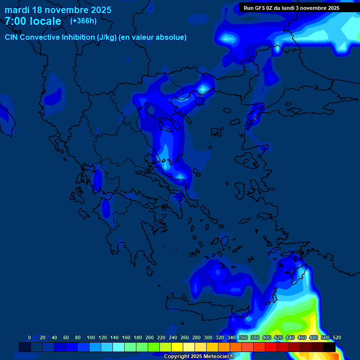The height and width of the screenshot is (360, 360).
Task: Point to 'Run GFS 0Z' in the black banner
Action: pos(260,8)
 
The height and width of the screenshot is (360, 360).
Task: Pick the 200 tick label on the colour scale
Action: pos(150,337)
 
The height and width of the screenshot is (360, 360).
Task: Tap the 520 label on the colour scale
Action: pos(336,337)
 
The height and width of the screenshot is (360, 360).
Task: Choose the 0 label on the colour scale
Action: pos(30,337)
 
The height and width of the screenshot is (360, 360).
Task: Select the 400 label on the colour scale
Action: pos(266,337)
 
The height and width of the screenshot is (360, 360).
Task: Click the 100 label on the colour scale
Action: pos(91,337)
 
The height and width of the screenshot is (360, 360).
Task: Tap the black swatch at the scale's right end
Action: pos(330,347)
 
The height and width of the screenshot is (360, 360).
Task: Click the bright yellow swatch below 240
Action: pos(177,347)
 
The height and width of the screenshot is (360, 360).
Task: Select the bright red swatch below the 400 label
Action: pos(270,347)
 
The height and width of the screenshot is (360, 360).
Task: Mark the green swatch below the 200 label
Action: pos(153,347)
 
